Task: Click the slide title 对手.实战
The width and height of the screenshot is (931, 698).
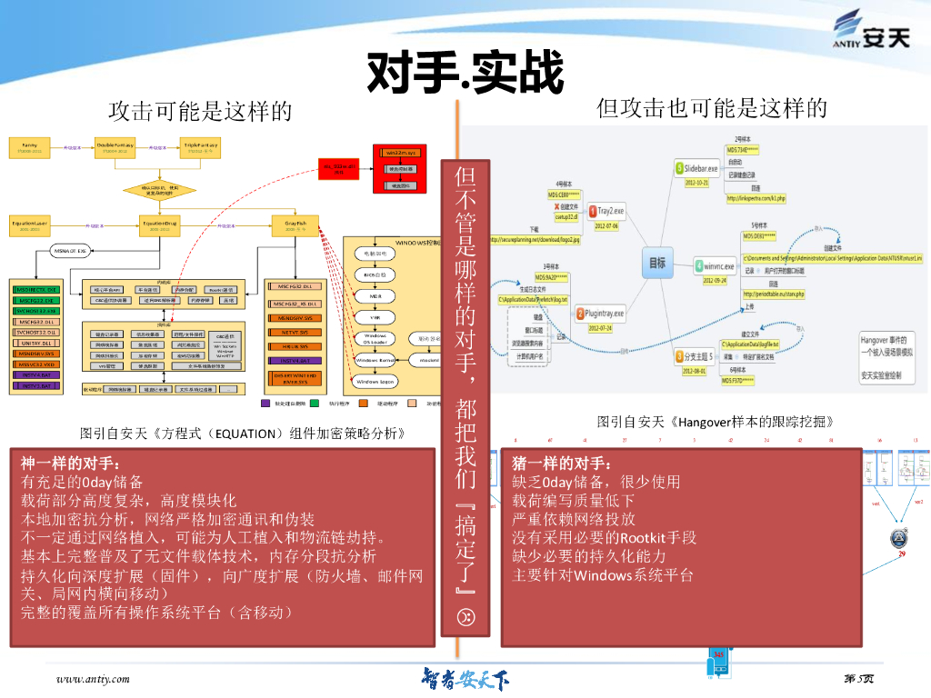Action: (465, 74)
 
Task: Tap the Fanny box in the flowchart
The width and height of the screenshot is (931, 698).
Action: (29, 146)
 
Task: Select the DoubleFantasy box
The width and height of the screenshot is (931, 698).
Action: (115, 146)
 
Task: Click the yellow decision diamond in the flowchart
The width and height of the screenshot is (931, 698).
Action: (160, 190)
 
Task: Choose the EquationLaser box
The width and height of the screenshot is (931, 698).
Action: (30, 224)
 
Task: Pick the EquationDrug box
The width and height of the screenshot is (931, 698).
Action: (160, 224)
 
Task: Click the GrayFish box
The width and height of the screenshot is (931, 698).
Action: (295, 224)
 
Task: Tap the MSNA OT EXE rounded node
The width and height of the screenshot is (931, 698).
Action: (70, 250)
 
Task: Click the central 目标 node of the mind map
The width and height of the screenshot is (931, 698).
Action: (656, 264)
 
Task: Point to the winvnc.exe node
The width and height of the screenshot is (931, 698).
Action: (718, 266)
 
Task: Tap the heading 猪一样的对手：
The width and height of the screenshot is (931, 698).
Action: (556, 463)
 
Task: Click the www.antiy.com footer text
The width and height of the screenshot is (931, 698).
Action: (93, 678)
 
